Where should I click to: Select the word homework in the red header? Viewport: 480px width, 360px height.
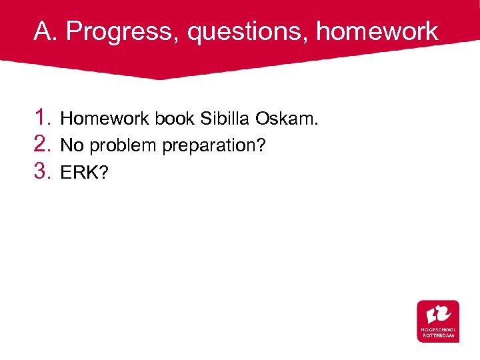(377, 31)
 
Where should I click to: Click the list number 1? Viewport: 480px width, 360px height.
(43, 119)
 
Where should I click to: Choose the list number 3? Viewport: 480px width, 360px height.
(43, 172)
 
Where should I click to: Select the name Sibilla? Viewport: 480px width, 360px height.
(216, 119)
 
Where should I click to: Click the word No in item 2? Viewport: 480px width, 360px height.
(72, 146)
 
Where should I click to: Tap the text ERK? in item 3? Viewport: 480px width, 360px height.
(83, 173)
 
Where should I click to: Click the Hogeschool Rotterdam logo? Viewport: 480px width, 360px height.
(438, 321)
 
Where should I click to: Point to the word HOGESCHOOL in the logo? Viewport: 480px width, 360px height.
(438, 330)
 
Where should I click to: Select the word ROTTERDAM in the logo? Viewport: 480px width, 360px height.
(438, 335)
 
